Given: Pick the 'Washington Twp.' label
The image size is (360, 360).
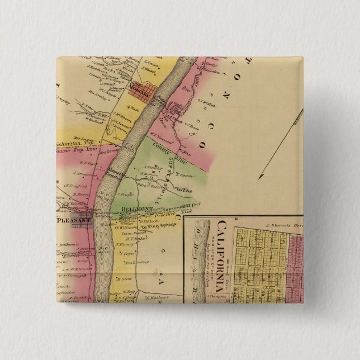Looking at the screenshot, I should (x=73, y=143).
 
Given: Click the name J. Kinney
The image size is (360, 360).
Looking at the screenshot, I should (x=124, y=244).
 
